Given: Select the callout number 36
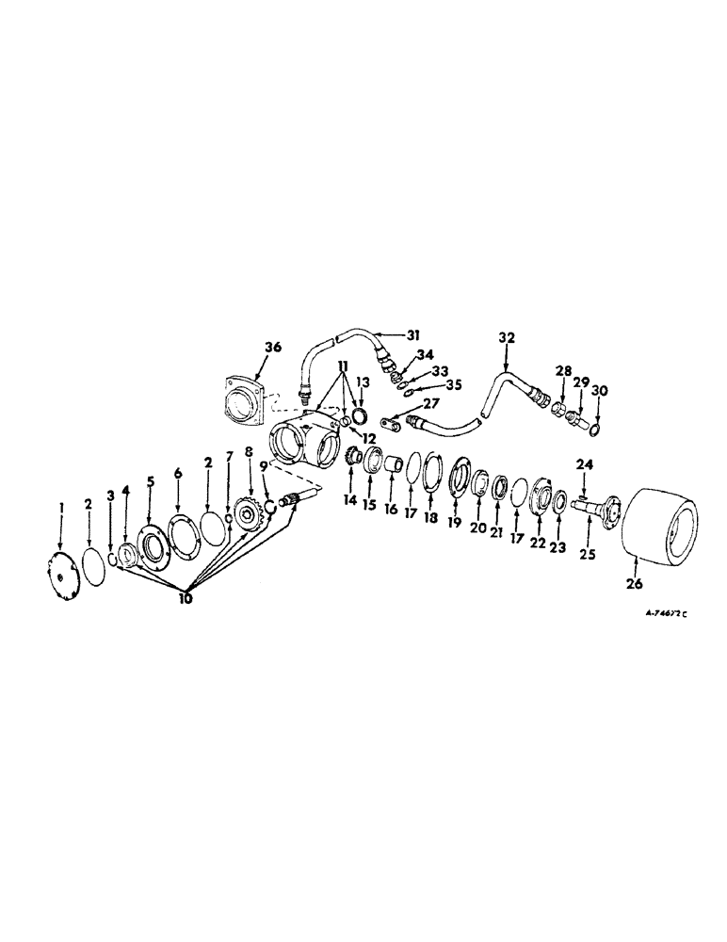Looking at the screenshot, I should [272, 347].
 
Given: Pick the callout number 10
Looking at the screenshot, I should [185, 598].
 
